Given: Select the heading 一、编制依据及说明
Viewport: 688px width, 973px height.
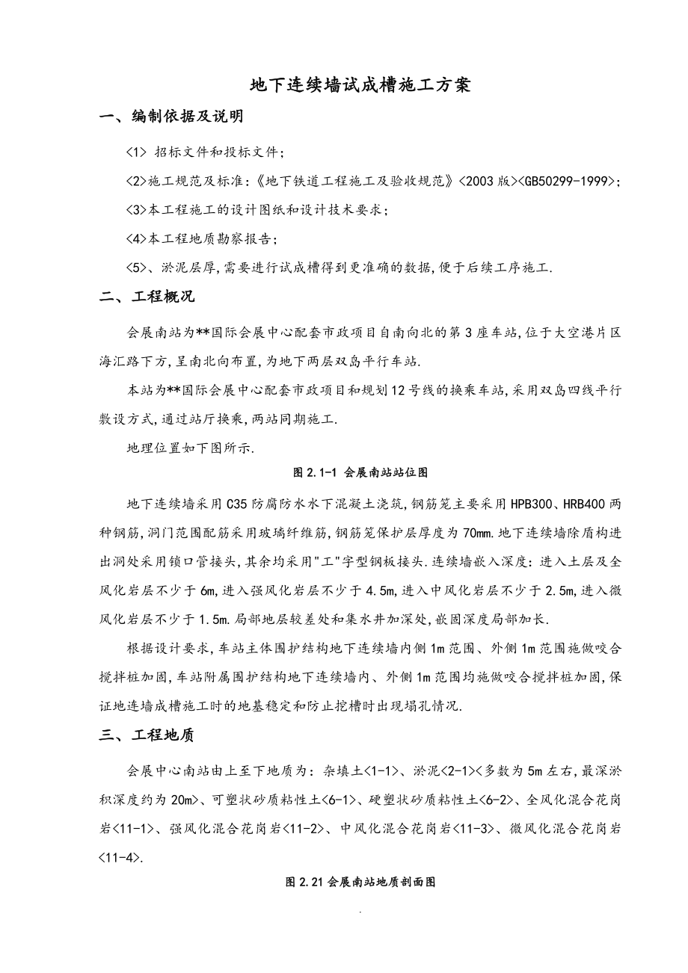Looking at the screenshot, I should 171,118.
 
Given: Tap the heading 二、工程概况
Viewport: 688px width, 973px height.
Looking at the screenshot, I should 147,297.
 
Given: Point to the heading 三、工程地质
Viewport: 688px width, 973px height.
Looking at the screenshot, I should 147,735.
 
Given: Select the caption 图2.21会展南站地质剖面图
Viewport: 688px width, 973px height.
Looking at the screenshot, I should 360,883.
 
